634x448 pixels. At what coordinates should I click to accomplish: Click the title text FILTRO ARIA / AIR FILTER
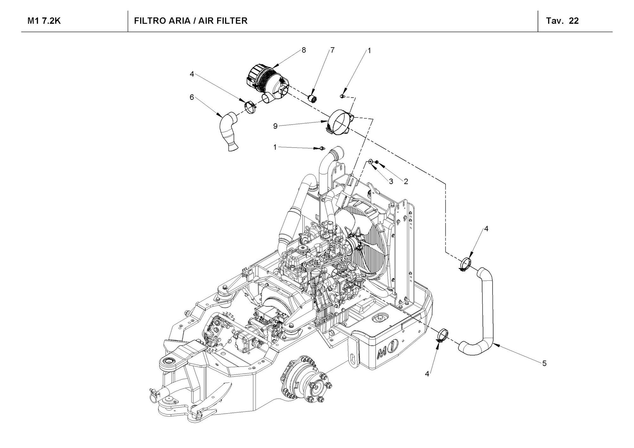pos(191,21)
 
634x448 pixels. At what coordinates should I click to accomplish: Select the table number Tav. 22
pos(562,21)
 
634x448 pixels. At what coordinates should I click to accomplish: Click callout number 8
pos(304,50)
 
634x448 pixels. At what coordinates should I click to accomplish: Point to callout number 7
pos(332,50)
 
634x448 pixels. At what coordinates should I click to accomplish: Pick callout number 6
pos(191,97)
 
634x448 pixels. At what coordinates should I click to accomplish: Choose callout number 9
pos(275,126)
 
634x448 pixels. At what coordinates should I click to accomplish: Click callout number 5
pos(544,363)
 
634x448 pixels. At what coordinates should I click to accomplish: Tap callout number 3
pos(391,181)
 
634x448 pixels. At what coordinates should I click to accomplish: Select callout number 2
pos(406,181)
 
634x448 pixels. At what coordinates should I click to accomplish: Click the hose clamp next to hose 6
pos(251,107)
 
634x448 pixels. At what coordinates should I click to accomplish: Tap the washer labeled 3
pos(371,162)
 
